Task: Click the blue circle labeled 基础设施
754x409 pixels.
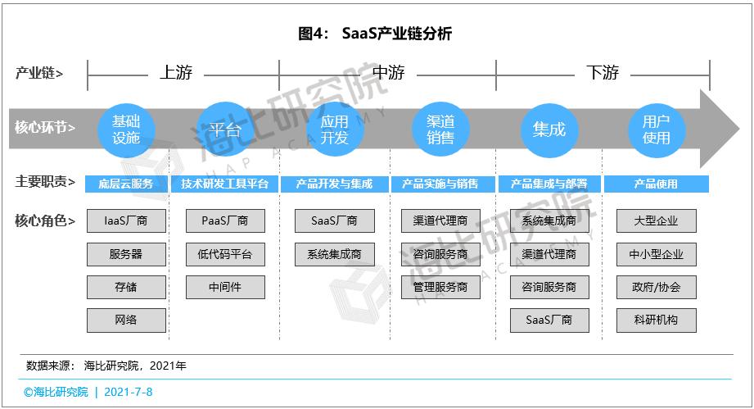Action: click(x=126, y=130)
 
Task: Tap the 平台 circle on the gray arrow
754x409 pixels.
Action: click(x=224, y=130)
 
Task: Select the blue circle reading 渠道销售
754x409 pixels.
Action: click(x=440, y=130)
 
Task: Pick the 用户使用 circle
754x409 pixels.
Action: click(x=657, y=130)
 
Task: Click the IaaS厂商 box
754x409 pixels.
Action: click(x=126, y=220)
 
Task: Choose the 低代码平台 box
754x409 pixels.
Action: click(x=225, y=254)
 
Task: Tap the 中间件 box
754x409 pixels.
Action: click(x=225, y=287)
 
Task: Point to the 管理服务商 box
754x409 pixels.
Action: click(x=440, y=287)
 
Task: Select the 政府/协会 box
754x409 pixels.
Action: click(x=657, y=287)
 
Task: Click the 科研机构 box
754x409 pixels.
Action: click(x=657, y=320)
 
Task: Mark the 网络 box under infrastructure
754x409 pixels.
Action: click(x=126, y=320)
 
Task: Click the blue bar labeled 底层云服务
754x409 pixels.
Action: click(x=126, y=184)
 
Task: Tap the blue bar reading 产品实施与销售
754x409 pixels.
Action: click(x=440, y=184)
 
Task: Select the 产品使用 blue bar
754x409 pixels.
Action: click(x=657, y=184)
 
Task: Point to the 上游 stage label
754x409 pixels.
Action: click(x=176, y=73)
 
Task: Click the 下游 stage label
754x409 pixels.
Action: click(x=603, y=73)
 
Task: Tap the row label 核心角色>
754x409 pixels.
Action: click(x=45, y=220)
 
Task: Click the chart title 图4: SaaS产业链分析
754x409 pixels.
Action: click(x=375, y=34)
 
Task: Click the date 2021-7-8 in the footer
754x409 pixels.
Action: click(x=129, y=392)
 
